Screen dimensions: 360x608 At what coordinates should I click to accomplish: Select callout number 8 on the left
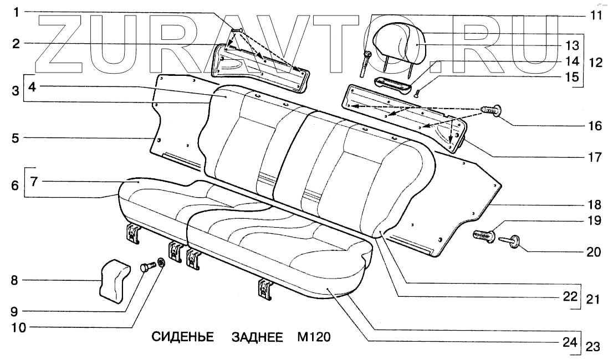(x=15, y=281)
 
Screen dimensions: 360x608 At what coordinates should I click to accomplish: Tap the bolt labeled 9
(x=147, y=266)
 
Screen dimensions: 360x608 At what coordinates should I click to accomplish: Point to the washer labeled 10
(x=161, y=263)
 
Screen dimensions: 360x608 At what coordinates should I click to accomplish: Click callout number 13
(x=572, y=44)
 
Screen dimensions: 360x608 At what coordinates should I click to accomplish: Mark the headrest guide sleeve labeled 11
(x=366, y=63)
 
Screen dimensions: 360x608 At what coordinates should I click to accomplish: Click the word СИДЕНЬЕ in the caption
(x=182, y=337)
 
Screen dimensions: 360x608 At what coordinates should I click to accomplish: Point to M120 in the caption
(x=314, y=337)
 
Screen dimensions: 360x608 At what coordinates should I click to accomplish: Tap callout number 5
(x=15, y=137)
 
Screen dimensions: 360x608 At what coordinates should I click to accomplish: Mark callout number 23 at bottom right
(x=592, y=347)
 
